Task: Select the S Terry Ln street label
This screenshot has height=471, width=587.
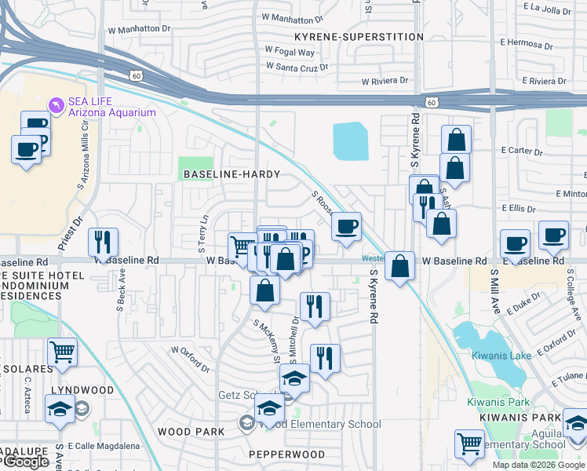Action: (204, 228)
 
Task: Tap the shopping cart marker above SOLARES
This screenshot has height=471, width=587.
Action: (62, 353)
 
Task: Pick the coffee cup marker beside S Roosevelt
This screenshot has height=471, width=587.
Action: (346, 227)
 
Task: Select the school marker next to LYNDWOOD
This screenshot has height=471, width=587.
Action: (60, 408)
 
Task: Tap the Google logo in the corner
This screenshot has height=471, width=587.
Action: (25, 462)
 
